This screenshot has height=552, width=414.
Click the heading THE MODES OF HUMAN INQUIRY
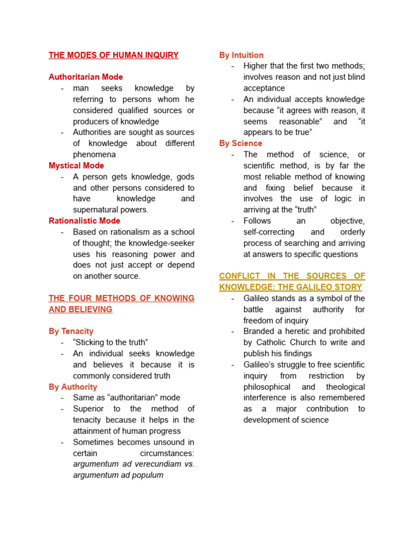coord(114,55)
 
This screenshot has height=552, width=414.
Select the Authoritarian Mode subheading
coord(86,77)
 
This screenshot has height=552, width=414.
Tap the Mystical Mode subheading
coord(77,165)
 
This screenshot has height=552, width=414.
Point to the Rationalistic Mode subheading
coord(85,220)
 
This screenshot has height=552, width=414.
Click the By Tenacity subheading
coord(71,331)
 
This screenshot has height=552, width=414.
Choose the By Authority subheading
coord(73,387)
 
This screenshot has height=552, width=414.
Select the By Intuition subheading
coord(241,55)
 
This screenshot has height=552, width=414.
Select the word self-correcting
coord(269,232)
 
